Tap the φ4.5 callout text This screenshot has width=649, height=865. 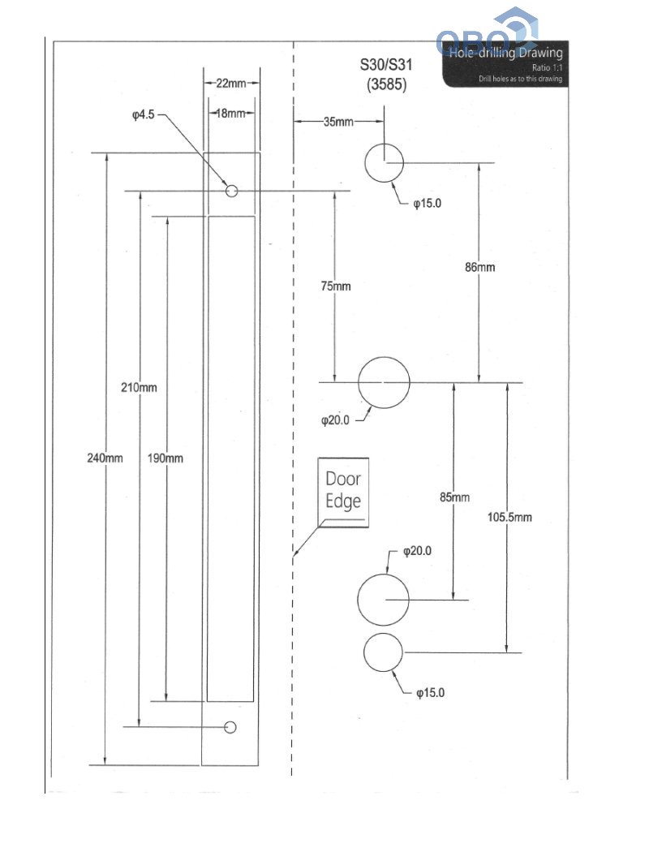tap(144, 116)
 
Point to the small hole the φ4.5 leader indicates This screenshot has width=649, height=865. tap(231, 191)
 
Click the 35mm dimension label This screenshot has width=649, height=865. tap(338, 122)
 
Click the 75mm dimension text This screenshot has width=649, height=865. tap(335, 286)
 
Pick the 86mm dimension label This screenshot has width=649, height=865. tap(480, 267)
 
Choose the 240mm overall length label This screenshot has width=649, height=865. tap(105, 458)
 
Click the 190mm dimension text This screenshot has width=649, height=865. tap(165, 458)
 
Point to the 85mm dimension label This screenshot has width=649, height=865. tap(454, 497)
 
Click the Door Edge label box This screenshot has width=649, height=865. tap(343, 491)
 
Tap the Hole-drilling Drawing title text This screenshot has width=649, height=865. tap(505, 54)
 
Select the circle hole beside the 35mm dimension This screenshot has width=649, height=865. tap(384, 163)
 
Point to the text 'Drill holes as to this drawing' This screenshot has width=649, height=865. tap(520, 79)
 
